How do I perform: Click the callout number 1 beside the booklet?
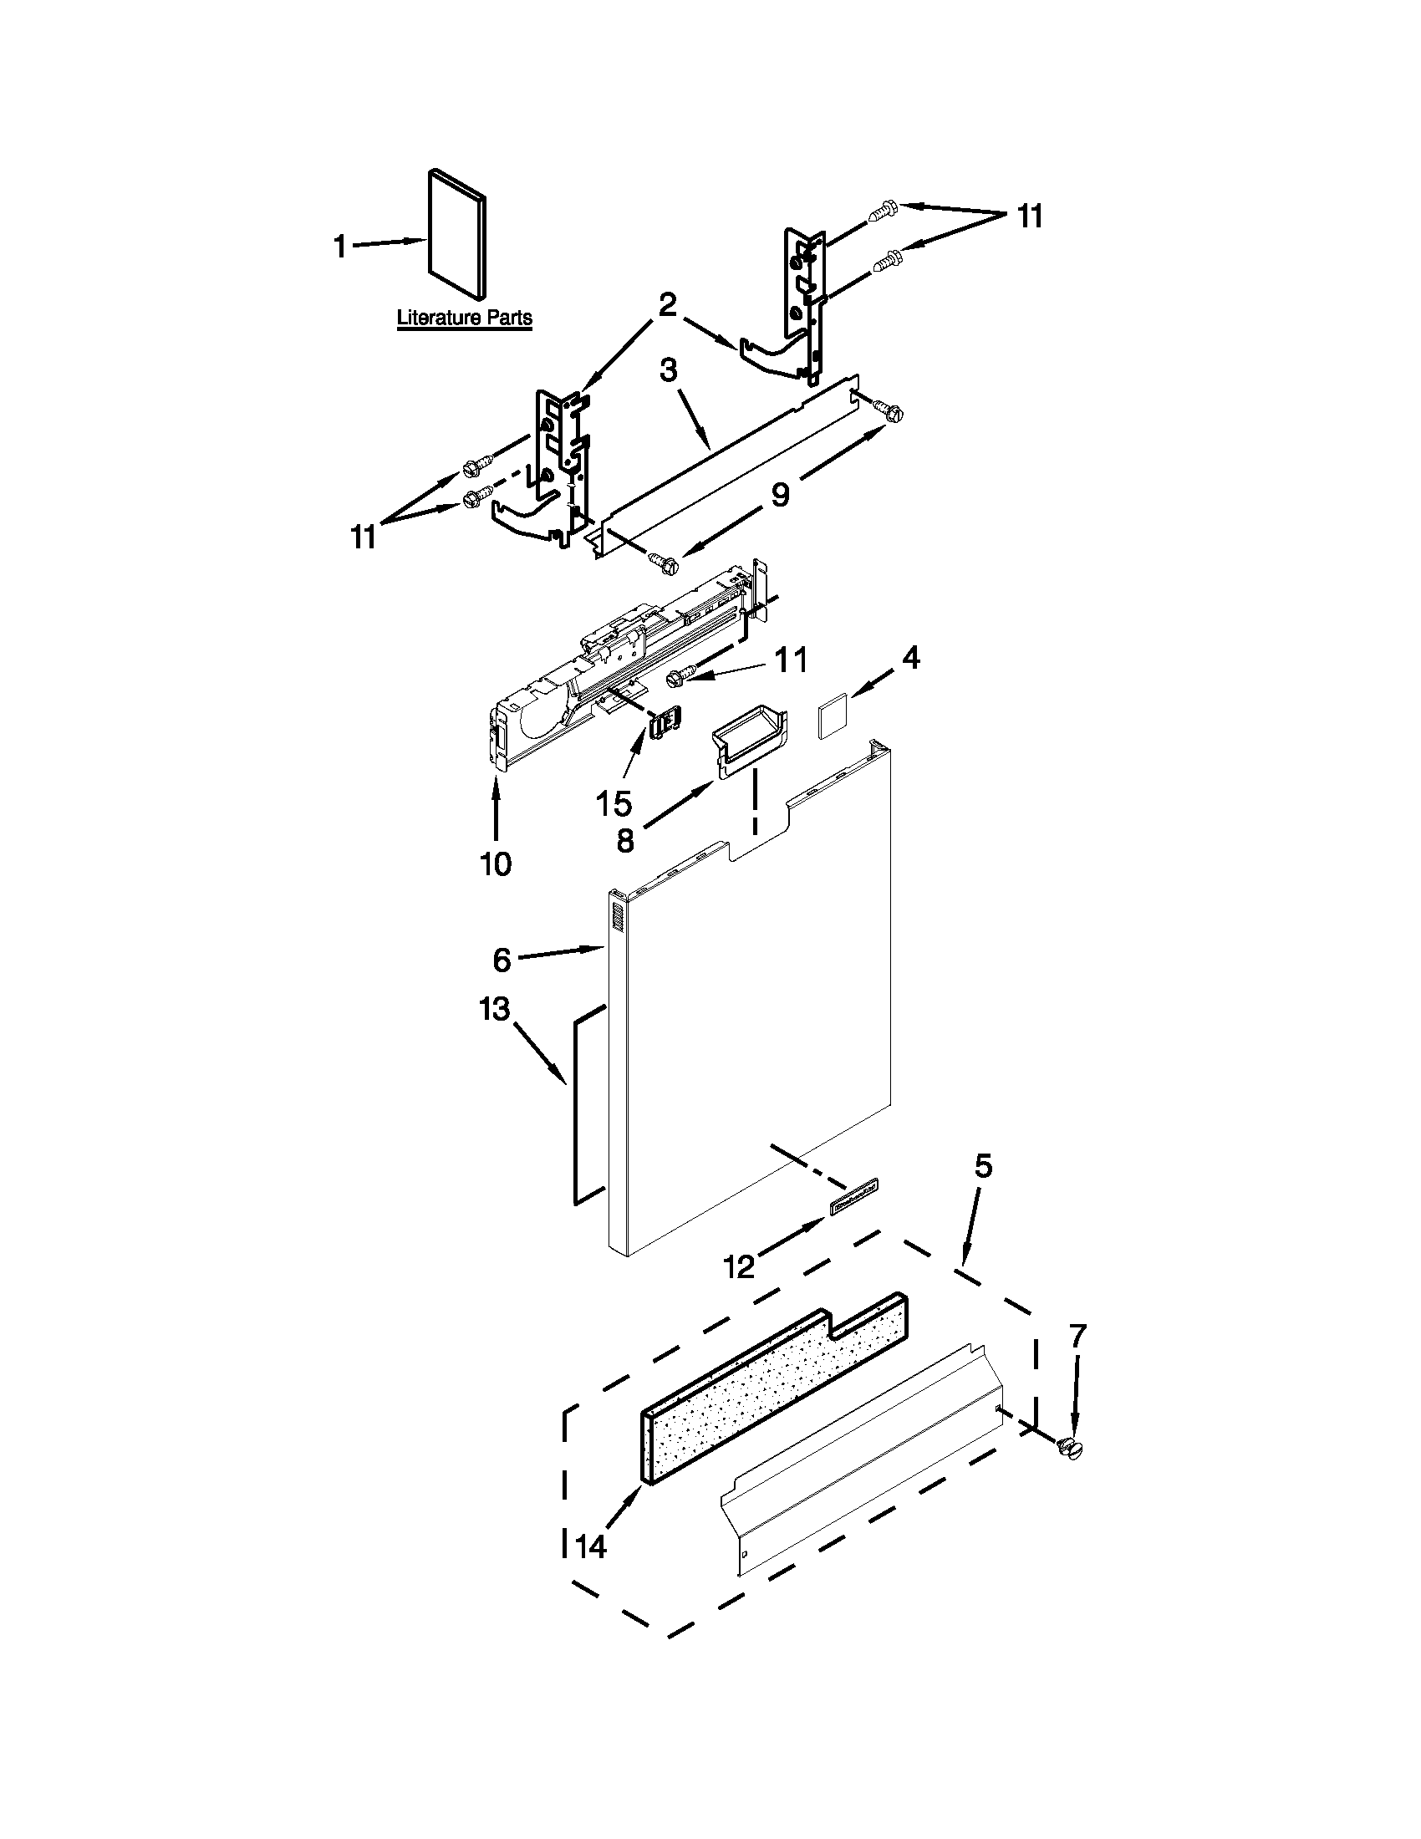click(x=340, y=247)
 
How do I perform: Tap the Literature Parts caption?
click(x=464, y=318)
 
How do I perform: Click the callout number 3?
click(x=669, y=370)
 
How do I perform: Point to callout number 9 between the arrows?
click(x=781, y=495)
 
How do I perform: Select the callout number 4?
click(x=911, y=659)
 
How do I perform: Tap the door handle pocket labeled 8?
click(x=751, y=736)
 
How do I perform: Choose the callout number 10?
click(x=496, y=863)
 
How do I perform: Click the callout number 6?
click(x=502, y=959)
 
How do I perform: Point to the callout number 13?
click(x=495, y=1008)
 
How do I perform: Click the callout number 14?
click(x=591, y=1546)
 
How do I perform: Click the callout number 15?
click(x=614, y=803)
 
